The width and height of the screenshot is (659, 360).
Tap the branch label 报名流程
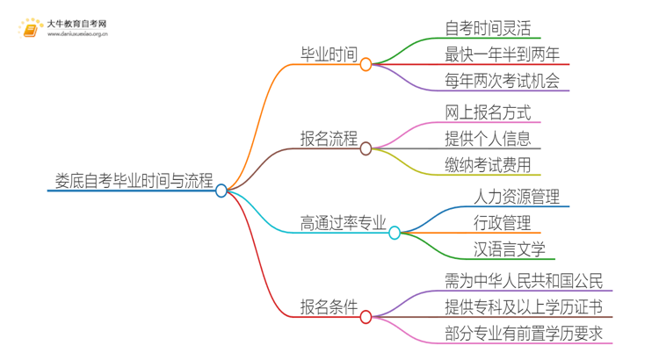(x=329, y=139)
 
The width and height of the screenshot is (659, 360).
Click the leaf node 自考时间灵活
(x=488, y=29)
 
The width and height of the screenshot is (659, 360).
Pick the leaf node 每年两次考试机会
(x=502, y=83)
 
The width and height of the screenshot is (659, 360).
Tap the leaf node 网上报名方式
(x=488, y=112)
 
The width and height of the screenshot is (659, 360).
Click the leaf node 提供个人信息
(x=488, y=139)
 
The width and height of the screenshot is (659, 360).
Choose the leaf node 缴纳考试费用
(x=488, y=165)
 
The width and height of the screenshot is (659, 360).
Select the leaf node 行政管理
(x=502, y=223)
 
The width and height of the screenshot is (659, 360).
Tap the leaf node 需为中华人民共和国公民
(x=525, y=281)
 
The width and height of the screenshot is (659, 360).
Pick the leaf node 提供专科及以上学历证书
(x=525, y=307)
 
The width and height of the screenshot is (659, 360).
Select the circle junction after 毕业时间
(x=366, y=64)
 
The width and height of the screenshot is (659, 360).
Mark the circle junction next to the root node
(x=221, y=190)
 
